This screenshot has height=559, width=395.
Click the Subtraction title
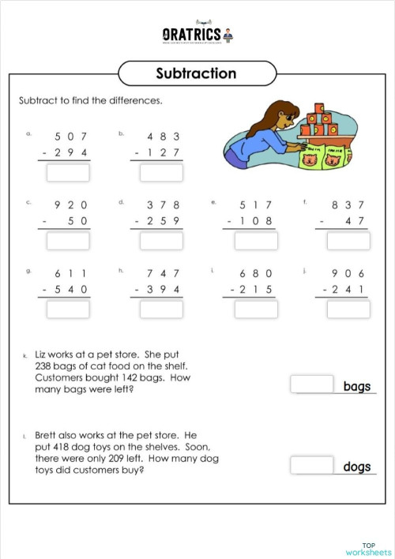(x=196, y=73)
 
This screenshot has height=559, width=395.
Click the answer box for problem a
(x=68, y=172)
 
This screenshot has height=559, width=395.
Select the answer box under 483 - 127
(x=160, y=172)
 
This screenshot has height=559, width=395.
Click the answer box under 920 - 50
(x=68, y=240)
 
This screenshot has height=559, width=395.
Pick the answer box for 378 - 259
(x=160, y=240)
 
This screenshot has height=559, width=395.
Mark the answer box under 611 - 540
(x=68, y=309)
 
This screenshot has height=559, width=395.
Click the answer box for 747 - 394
(x=160, y=309)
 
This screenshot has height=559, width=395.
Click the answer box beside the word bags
(x=312, y=385)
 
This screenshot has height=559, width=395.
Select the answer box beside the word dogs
(x=312, y=465)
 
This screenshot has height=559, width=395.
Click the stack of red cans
(x=319, y=122)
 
